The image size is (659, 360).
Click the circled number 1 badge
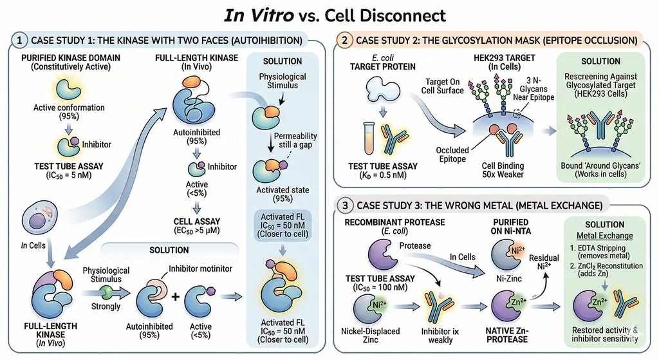19,41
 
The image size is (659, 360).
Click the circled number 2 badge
345,41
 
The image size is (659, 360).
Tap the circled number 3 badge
346,205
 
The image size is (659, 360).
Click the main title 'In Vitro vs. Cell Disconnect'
335,15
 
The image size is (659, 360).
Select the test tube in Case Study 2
369,138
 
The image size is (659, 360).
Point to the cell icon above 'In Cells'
39,216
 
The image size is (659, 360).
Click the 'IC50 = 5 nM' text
68,175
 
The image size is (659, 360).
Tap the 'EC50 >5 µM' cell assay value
197,231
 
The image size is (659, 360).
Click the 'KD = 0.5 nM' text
382,175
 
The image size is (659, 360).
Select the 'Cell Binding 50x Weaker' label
503,170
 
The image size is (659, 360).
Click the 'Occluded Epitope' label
452,155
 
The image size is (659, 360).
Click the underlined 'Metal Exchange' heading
604,236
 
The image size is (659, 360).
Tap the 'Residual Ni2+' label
544,262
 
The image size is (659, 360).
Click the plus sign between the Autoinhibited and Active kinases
175,297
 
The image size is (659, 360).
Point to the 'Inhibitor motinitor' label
201,269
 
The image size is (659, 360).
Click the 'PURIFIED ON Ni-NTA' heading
510,226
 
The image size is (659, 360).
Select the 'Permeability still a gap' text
295,140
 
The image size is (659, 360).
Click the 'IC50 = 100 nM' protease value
380,288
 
